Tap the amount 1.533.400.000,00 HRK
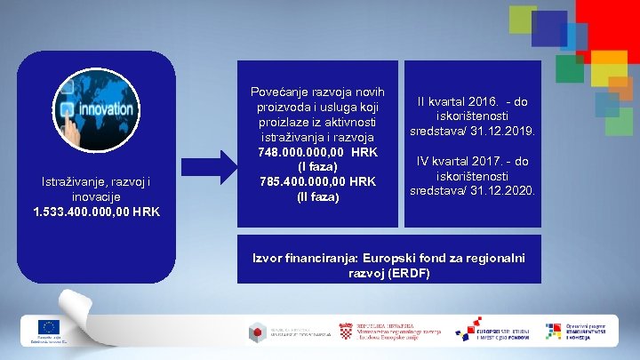[97, 212]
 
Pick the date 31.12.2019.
[501, 131]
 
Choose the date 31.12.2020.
[501, 190]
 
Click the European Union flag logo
[48, 326]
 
